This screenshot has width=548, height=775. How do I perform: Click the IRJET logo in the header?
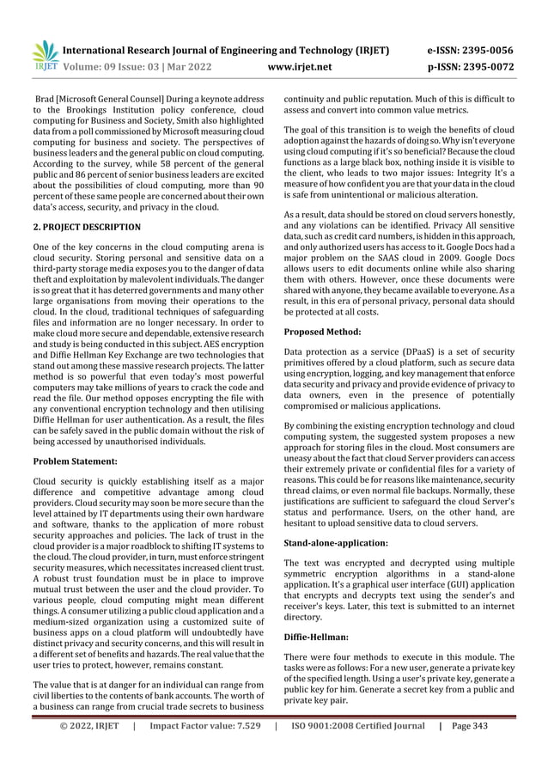pos(44,56)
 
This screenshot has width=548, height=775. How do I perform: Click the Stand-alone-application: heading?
pos(336,544)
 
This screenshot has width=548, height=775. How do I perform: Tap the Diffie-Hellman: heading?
pos(319,637)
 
